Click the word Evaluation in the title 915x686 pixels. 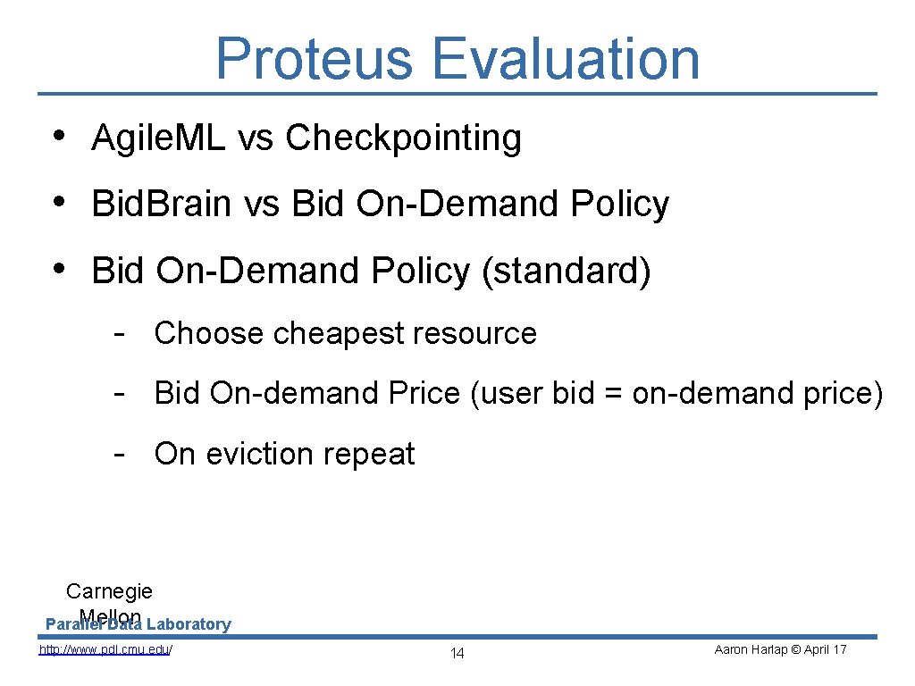click(566, 59)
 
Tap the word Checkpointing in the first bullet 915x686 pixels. click(403, 138)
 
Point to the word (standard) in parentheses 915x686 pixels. click(567, 271)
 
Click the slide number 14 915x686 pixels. click(457, 654)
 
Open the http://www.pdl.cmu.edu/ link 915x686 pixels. click(105, 649)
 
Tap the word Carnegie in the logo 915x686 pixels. click(109, 591)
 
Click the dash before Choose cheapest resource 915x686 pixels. click(118, 333)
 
